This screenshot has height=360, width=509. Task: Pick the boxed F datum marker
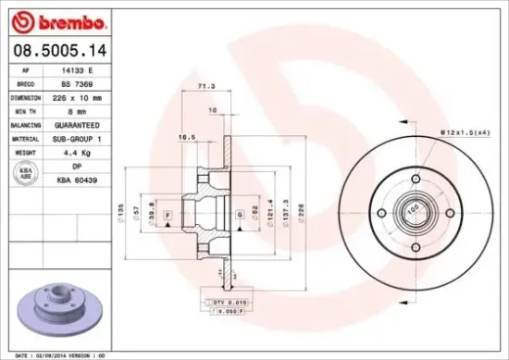168,216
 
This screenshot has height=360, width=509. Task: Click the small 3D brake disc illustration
59,312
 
